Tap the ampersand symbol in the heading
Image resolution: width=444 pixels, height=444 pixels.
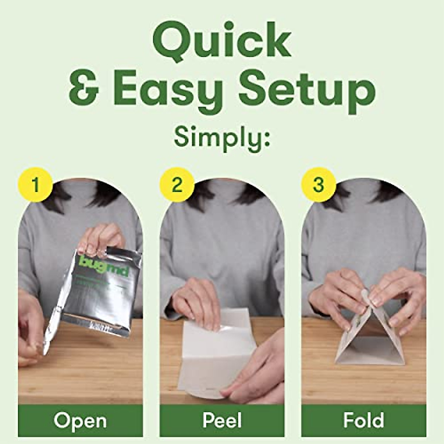click(x=84, y=90)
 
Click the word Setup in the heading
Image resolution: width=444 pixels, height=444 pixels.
click(x=307, y=91)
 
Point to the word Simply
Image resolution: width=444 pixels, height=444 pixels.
click(x=221, y=137)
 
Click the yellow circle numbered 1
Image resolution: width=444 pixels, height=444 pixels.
click(x=35, y=184)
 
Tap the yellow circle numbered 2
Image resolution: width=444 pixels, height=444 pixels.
click(x=177, y=184)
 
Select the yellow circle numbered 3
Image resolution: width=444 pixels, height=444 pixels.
click(x=319, y=184)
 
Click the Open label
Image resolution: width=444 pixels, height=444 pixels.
click(x=80, y=421)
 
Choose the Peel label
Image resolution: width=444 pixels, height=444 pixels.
click(x=222, y=421)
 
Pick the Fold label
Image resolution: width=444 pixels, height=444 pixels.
click(x=363, y=421)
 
